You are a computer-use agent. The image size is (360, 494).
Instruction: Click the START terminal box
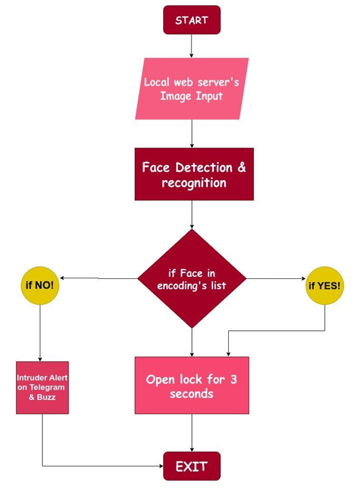(x=191, y=20)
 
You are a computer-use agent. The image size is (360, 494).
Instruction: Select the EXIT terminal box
(x=191, y=466)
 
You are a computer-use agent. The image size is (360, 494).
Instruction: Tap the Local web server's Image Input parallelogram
(x=191, y=88)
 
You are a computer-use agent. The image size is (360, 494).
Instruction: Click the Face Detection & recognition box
(x=193, y=174)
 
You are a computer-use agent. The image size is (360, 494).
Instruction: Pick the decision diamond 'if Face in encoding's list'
(x=192, y=279)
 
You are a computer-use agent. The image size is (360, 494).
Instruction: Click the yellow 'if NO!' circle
(x=40, y=286)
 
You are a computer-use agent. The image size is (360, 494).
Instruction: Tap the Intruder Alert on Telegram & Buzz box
(x=40, y=387)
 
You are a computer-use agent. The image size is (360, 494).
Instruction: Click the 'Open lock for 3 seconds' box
(x=192, y=386)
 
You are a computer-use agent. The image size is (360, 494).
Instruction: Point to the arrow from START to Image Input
(x=191, y=45)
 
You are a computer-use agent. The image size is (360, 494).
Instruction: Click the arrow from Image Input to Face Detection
(x=192, y=133)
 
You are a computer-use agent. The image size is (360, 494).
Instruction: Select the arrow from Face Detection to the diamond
(x=192, y=215)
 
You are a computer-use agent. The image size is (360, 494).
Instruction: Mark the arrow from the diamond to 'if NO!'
(x=98, y=279)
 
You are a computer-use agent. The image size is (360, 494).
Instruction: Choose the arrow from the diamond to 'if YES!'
(x=276, y=279)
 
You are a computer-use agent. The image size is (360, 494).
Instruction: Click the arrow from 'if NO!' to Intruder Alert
(x=40, y=334)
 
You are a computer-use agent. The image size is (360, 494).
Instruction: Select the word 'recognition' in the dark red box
(x=193, y=183)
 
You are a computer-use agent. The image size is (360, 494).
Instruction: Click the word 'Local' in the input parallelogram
(x=158, y=82)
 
